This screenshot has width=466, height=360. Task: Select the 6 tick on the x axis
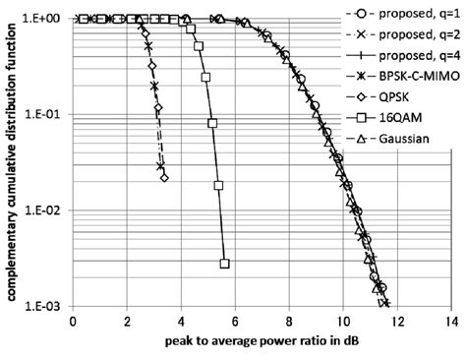pyautogui.click(x=235, y=322)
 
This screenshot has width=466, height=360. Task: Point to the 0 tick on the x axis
pyautogui.click(x=74, y=322)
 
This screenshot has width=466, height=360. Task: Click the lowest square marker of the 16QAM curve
pyautogui.click(x=225, y=264)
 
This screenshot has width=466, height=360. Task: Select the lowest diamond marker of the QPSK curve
pyautogui.click(x=163, y=178)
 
